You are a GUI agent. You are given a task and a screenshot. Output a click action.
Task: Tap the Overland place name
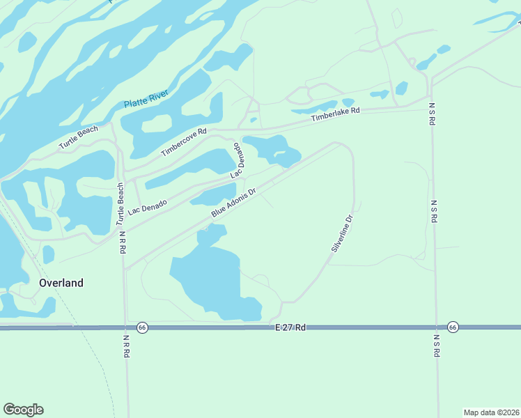point(61,283)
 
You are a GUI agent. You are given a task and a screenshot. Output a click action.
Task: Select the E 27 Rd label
point(290,327)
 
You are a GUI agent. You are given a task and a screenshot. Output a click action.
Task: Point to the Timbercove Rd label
point(184,142)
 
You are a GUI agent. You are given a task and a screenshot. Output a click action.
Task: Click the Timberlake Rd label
point(336,116)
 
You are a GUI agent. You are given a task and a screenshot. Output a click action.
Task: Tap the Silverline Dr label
point(342,233)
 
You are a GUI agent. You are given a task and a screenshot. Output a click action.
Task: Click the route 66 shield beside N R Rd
point(142,327)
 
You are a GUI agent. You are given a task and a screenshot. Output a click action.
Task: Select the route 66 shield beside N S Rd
point(452,327)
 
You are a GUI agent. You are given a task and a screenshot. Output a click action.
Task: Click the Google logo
point(24,410)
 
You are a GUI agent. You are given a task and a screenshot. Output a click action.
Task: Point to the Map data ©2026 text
point(491,412)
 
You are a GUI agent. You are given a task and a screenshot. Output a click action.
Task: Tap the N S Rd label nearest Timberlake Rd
point(432,111)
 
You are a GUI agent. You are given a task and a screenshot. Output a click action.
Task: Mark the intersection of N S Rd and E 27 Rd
point(437,327)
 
